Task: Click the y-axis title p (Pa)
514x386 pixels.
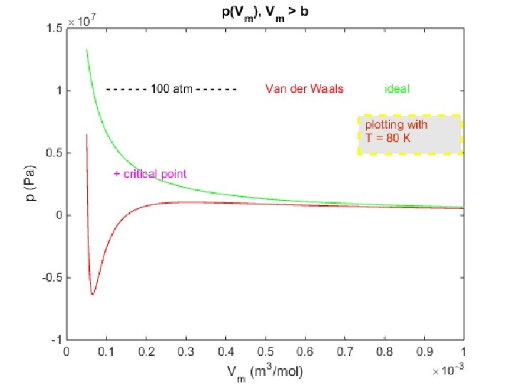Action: pyautogui.click(x=31, y=184)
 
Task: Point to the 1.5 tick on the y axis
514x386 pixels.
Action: pyautogui.click(x=54, y=29)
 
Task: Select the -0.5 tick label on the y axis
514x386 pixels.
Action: pyautogui.click(x=52, y=277)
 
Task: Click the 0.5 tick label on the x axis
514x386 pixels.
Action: pyautogui.click(x=265, y=352)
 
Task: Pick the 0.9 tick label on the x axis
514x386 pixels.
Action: pyautogui.click(x=424, y=352)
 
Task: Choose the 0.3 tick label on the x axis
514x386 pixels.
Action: pyautogui.click(x=186, y=352)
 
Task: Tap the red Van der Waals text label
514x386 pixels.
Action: pyautogui.click(x=304, y=89)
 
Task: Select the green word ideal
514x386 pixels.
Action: pyautogui.click(x=397, y=89)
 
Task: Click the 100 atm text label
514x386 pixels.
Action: pyautogui.click(x=171, y=89)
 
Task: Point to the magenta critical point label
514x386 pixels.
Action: pyautogui.click(x=154, y=174)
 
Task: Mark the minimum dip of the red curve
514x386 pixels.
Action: pyautogui.click(x=92, y=294)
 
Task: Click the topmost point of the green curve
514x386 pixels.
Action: pyautogui.click(x=86, y=49)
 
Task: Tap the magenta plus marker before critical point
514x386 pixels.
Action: pyautogui.click(x=116, y=174)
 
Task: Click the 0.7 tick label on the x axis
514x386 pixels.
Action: pyautogui.click(x=345, y=352)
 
